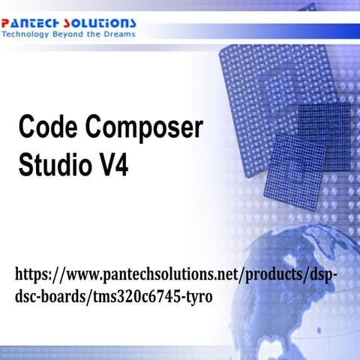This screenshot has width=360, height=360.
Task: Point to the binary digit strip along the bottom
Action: tap(180, 352)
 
